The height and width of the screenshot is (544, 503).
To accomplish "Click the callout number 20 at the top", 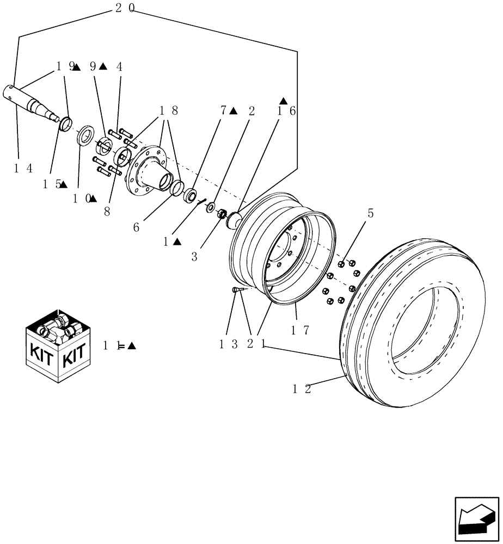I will (x=125, y=8).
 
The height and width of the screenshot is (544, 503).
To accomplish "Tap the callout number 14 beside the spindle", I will (x=23, y=168).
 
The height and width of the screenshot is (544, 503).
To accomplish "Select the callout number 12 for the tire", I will (x=302, y=389).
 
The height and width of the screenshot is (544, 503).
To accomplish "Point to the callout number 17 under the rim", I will (x=300, y=329).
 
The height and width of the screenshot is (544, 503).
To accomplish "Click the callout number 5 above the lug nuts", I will (x=370, y=213).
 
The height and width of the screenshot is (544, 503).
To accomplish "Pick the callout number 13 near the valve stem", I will (x=229, y=344).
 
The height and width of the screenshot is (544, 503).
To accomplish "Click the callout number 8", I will (x=107, y=212).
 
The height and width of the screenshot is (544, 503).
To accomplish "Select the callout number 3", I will (x=194, y=257).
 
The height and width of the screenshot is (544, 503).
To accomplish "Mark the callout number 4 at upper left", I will (x=119, y=67).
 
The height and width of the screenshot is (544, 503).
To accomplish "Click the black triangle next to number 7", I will (x=234, y=111).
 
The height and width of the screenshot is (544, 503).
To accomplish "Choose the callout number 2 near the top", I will (x=251, y=111).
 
